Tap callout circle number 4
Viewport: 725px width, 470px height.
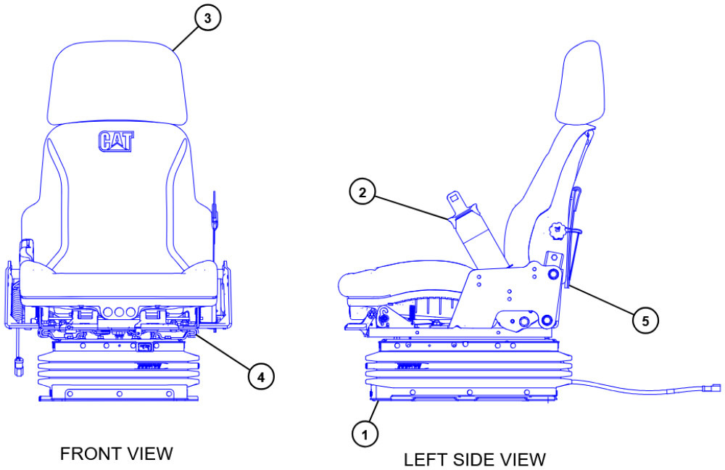tap(261, 376)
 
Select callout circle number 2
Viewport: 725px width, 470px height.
tap(362, 193)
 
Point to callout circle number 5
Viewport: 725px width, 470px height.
tap(645, 319)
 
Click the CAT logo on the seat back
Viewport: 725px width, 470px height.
tap(115, 141)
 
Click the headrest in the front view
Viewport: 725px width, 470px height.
tap(115, 83)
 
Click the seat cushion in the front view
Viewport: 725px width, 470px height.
tap(116, 279)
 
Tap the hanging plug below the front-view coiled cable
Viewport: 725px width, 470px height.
tap(19, 366)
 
